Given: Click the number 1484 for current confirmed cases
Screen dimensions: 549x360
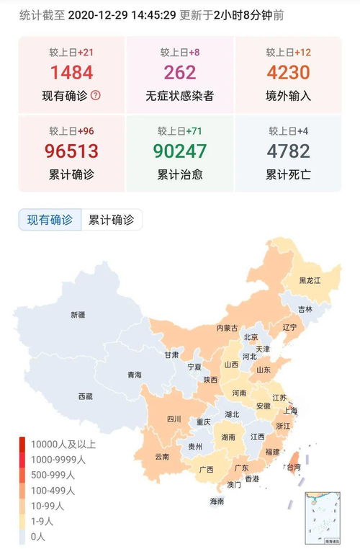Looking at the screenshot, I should (71, 72).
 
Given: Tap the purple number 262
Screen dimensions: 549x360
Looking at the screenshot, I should (179, 72).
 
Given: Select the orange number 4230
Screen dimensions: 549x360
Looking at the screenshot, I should (287, 72).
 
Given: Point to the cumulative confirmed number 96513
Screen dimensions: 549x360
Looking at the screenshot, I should (71, 151).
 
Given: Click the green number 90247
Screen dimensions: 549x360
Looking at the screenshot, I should (179, 151).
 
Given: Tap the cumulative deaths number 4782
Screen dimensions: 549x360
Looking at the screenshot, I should (287, 151).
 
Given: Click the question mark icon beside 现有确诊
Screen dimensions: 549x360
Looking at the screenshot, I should (96, 95).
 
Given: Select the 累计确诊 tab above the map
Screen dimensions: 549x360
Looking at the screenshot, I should (111, 220).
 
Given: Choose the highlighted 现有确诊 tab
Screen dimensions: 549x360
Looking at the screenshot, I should (50, 220).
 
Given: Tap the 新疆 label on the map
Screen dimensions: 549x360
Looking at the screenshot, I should (78, 315).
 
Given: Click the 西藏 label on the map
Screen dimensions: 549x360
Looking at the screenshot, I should (86, 396).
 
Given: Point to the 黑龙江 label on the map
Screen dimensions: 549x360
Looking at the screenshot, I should (310, 280).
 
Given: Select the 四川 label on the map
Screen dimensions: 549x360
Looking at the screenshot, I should (174, 419).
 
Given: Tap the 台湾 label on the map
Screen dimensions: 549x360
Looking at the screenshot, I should (294, 467).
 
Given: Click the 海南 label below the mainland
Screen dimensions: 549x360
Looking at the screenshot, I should (217, 501).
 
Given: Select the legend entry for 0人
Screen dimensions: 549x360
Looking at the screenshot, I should (39, 536).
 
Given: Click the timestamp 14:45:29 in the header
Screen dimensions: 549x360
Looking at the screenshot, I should (152, 14).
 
